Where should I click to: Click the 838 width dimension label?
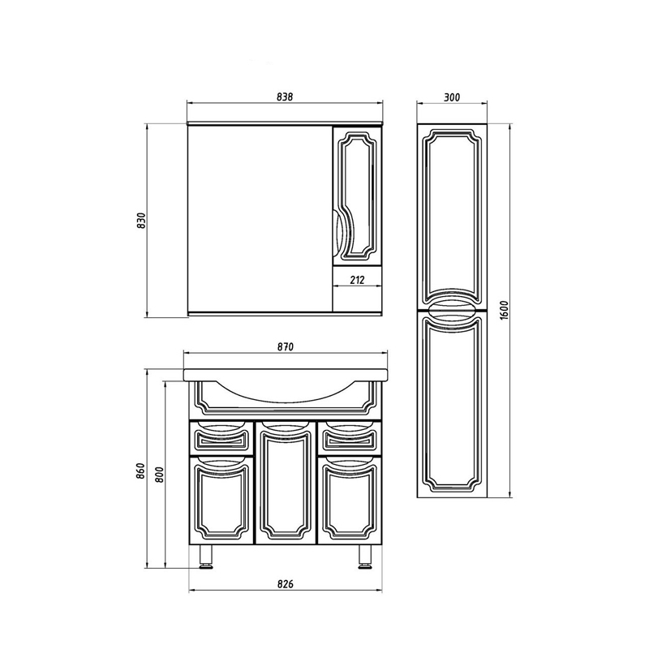pyautogui.click(x=285, y=97)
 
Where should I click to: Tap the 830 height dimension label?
pyautogui.click(x=142, y=221)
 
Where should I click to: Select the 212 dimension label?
pyautogui.click(x=357, y=280)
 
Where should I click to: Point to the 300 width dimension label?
pyautogui.click(x=452, y=97)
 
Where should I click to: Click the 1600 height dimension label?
pyautogui.click(x=503, y=311)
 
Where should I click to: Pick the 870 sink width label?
pyautogui.click(x=286, y=346)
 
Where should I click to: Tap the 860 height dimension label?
pyautogui.click(x=141, y=471)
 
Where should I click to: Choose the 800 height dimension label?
pyautogui.click(x=160, y=474)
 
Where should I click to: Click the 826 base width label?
pyautogui.click(x=286, y=584)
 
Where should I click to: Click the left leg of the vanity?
pyautogui.click(x=206, y=556)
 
